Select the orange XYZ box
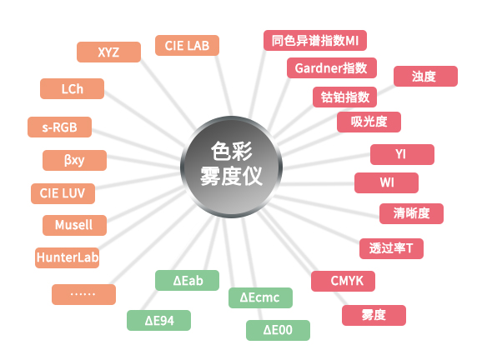click(108, 52)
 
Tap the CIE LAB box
click(187, 45)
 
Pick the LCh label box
click(72, 88)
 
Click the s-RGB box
click(60, 127)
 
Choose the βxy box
click(74, 159)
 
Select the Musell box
click(73, 226)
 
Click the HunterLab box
click(68, 257)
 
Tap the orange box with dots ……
click(83, 294)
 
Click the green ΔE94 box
click(158, 320)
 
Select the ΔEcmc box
click(260, 297)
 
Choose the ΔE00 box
click(278, 331)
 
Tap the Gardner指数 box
click(331, 68)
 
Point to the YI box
click(401, 154)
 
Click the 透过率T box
click(391, 248)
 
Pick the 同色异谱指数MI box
click(314, 40)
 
